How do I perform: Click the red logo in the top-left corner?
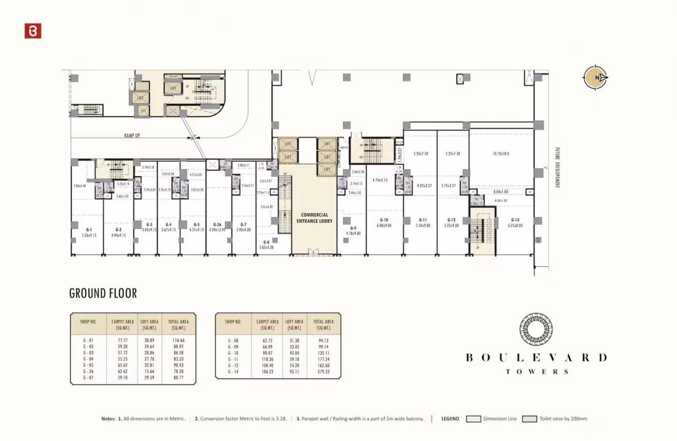coord(33,31)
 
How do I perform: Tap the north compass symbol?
coord(596,78)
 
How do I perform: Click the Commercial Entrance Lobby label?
coord(314,218)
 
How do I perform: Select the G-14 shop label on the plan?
coord(515,220)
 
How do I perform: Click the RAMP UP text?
coord(132,136)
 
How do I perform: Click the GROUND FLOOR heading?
coord(103,293)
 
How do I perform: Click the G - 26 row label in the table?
coord(88,372)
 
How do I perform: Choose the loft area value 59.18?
coord(295,359)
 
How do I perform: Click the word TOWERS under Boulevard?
coord(537,372)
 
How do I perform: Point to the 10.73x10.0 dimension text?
coord(501,154)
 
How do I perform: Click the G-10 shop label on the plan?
coord(384,220)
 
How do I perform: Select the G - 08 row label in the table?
coord(233,341)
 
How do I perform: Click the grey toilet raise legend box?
coord(529,419)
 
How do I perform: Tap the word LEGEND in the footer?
coord(450,419)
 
